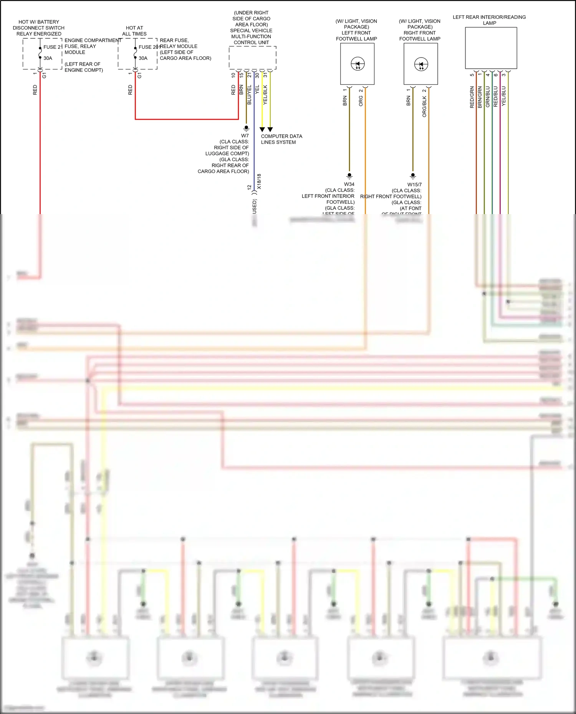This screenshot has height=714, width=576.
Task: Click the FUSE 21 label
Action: (53, 47)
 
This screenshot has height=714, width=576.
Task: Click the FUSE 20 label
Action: (148, 47)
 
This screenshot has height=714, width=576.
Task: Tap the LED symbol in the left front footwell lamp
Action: (358, 64)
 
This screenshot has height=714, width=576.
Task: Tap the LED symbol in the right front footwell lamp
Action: (421, 64)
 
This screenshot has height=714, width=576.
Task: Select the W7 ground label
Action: (245, 136)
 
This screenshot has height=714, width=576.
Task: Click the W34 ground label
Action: (349, 184)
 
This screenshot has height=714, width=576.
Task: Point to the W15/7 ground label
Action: (414, 185)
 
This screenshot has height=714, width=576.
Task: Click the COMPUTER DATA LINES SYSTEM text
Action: (281, 139)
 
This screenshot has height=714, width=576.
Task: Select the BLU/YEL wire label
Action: (249, 95)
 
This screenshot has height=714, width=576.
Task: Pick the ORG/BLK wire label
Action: (424, 106)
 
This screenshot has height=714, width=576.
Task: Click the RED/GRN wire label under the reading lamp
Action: (472, 97)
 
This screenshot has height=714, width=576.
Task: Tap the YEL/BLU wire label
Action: (504, 96)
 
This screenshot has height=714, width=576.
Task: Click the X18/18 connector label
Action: (259, 181)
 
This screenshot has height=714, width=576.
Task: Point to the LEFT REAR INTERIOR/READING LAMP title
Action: (489, 20)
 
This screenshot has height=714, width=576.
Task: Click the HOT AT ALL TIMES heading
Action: (134, 31)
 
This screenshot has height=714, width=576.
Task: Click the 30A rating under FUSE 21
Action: (48, 58)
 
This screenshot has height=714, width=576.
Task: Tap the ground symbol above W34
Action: (349, 176)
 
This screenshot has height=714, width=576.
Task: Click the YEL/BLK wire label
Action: (265, 95)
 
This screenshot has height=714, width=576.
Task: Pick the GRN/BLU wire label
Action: (488, 97)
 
